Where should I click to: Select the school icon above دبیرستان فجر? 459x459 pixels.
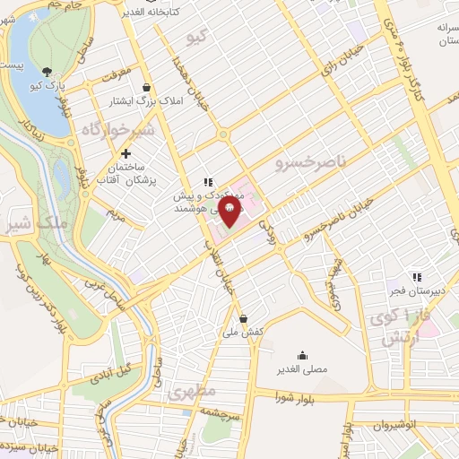415,277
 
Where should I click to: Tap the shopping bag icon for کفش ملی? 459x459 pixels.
243,317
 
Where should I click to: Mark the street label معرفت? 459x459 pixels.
115,70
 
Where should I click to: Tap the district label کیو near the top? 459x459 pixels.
195,39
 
